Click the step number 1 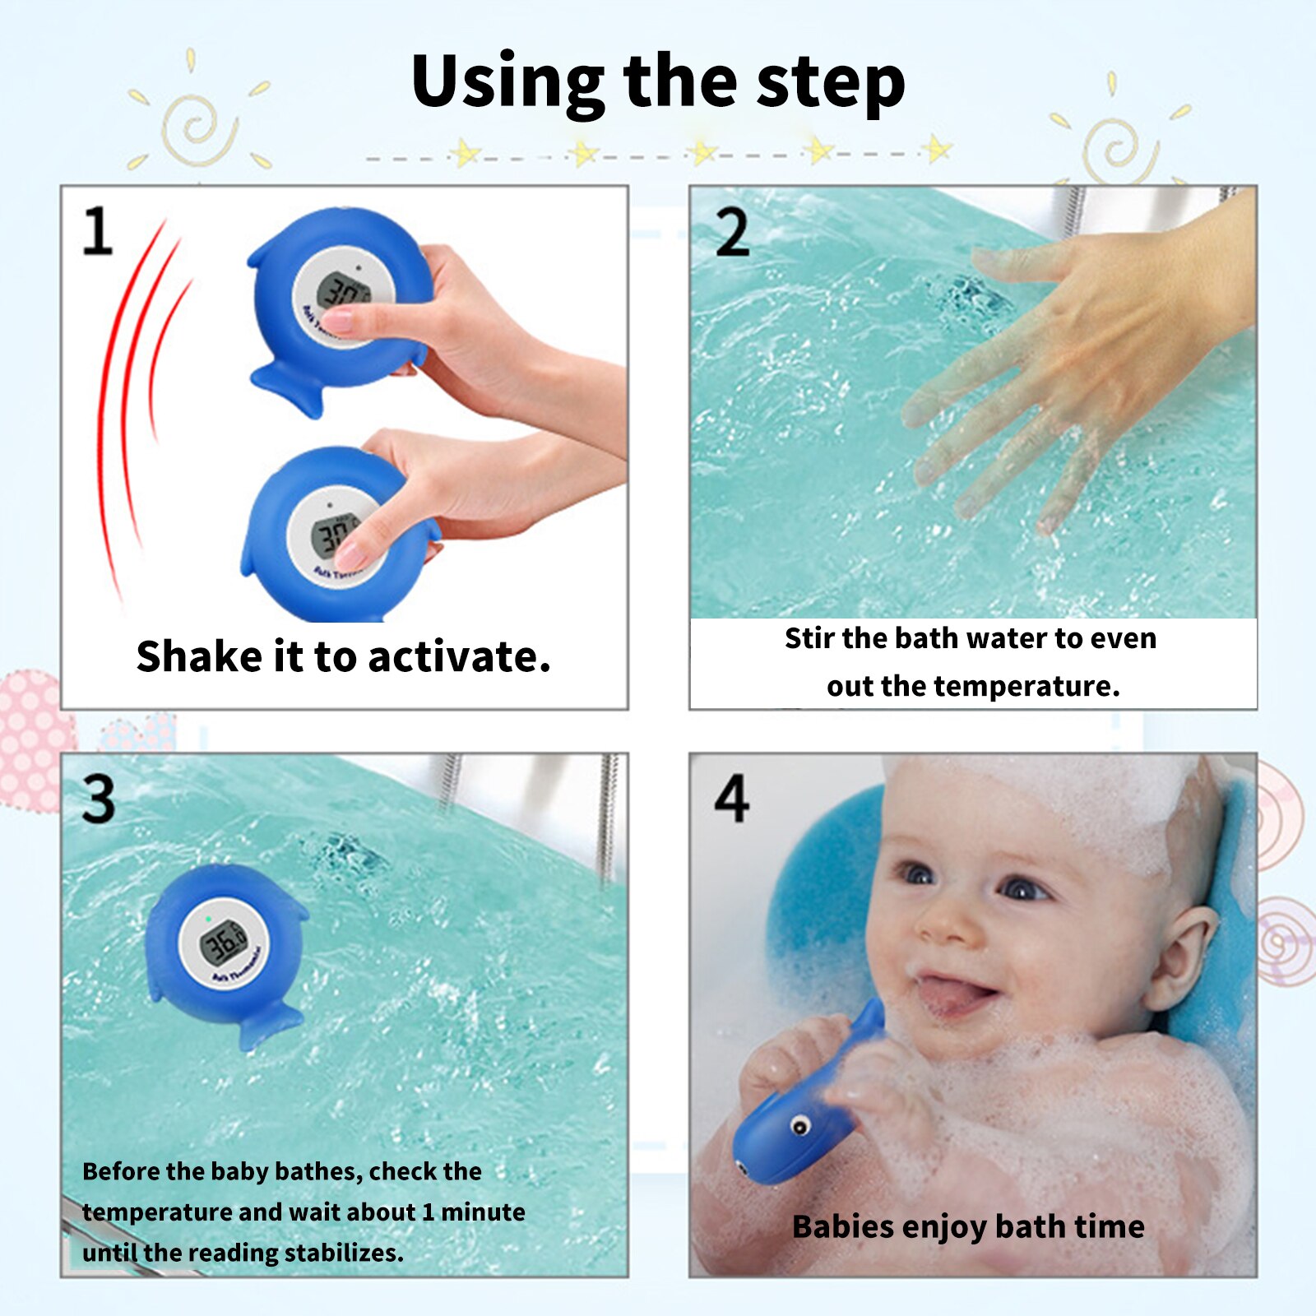pos(98,231)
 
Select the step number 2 pos(732,233)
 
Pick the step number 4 pos(731,798)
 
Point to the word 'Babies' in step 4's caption pos(842,1226)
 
